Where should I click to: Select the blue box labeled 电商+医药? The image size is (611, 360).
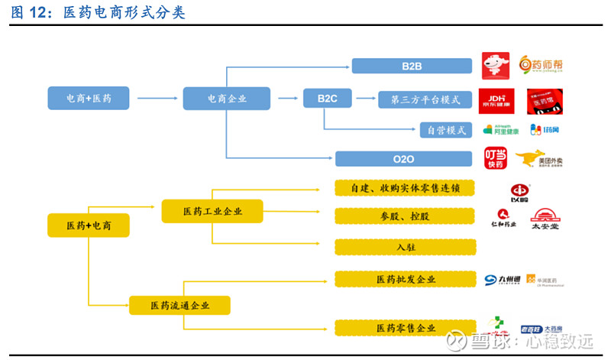[88, 98]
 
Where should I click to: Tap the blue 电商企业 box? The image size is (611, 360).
[227, 98]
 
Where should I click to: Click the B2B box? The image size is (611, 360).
[412, 66]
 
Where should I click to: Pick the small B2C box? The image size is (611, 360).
[327, 98]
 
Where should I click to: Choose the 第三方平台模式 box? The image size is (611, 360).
[425, 99]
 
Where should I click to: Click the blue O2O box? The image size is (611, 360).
[404, 159]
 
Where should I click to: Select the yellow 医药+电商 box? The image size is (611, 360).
[88, 225]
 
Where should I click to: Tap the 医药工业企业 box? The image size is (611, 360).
[212, 211]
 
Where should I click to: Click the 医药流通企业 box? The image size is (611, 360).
[179, 306]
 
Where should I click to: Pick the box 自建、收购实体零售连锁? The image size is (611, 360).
[405, 188]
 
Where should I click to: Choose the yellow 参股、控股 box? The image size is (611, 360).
[405, 216]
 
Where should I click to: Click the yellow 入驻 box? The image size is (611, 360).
[405, 247]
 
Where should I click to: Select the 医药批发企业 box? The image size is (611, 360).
[405, 279]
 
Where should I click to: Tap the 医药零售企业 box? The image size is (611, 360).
[405, 328]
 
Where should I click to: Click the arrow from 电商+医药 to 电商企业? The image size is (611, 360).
[157, 98]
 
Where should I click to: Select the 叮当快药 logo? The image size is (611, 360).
[496, 157]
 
